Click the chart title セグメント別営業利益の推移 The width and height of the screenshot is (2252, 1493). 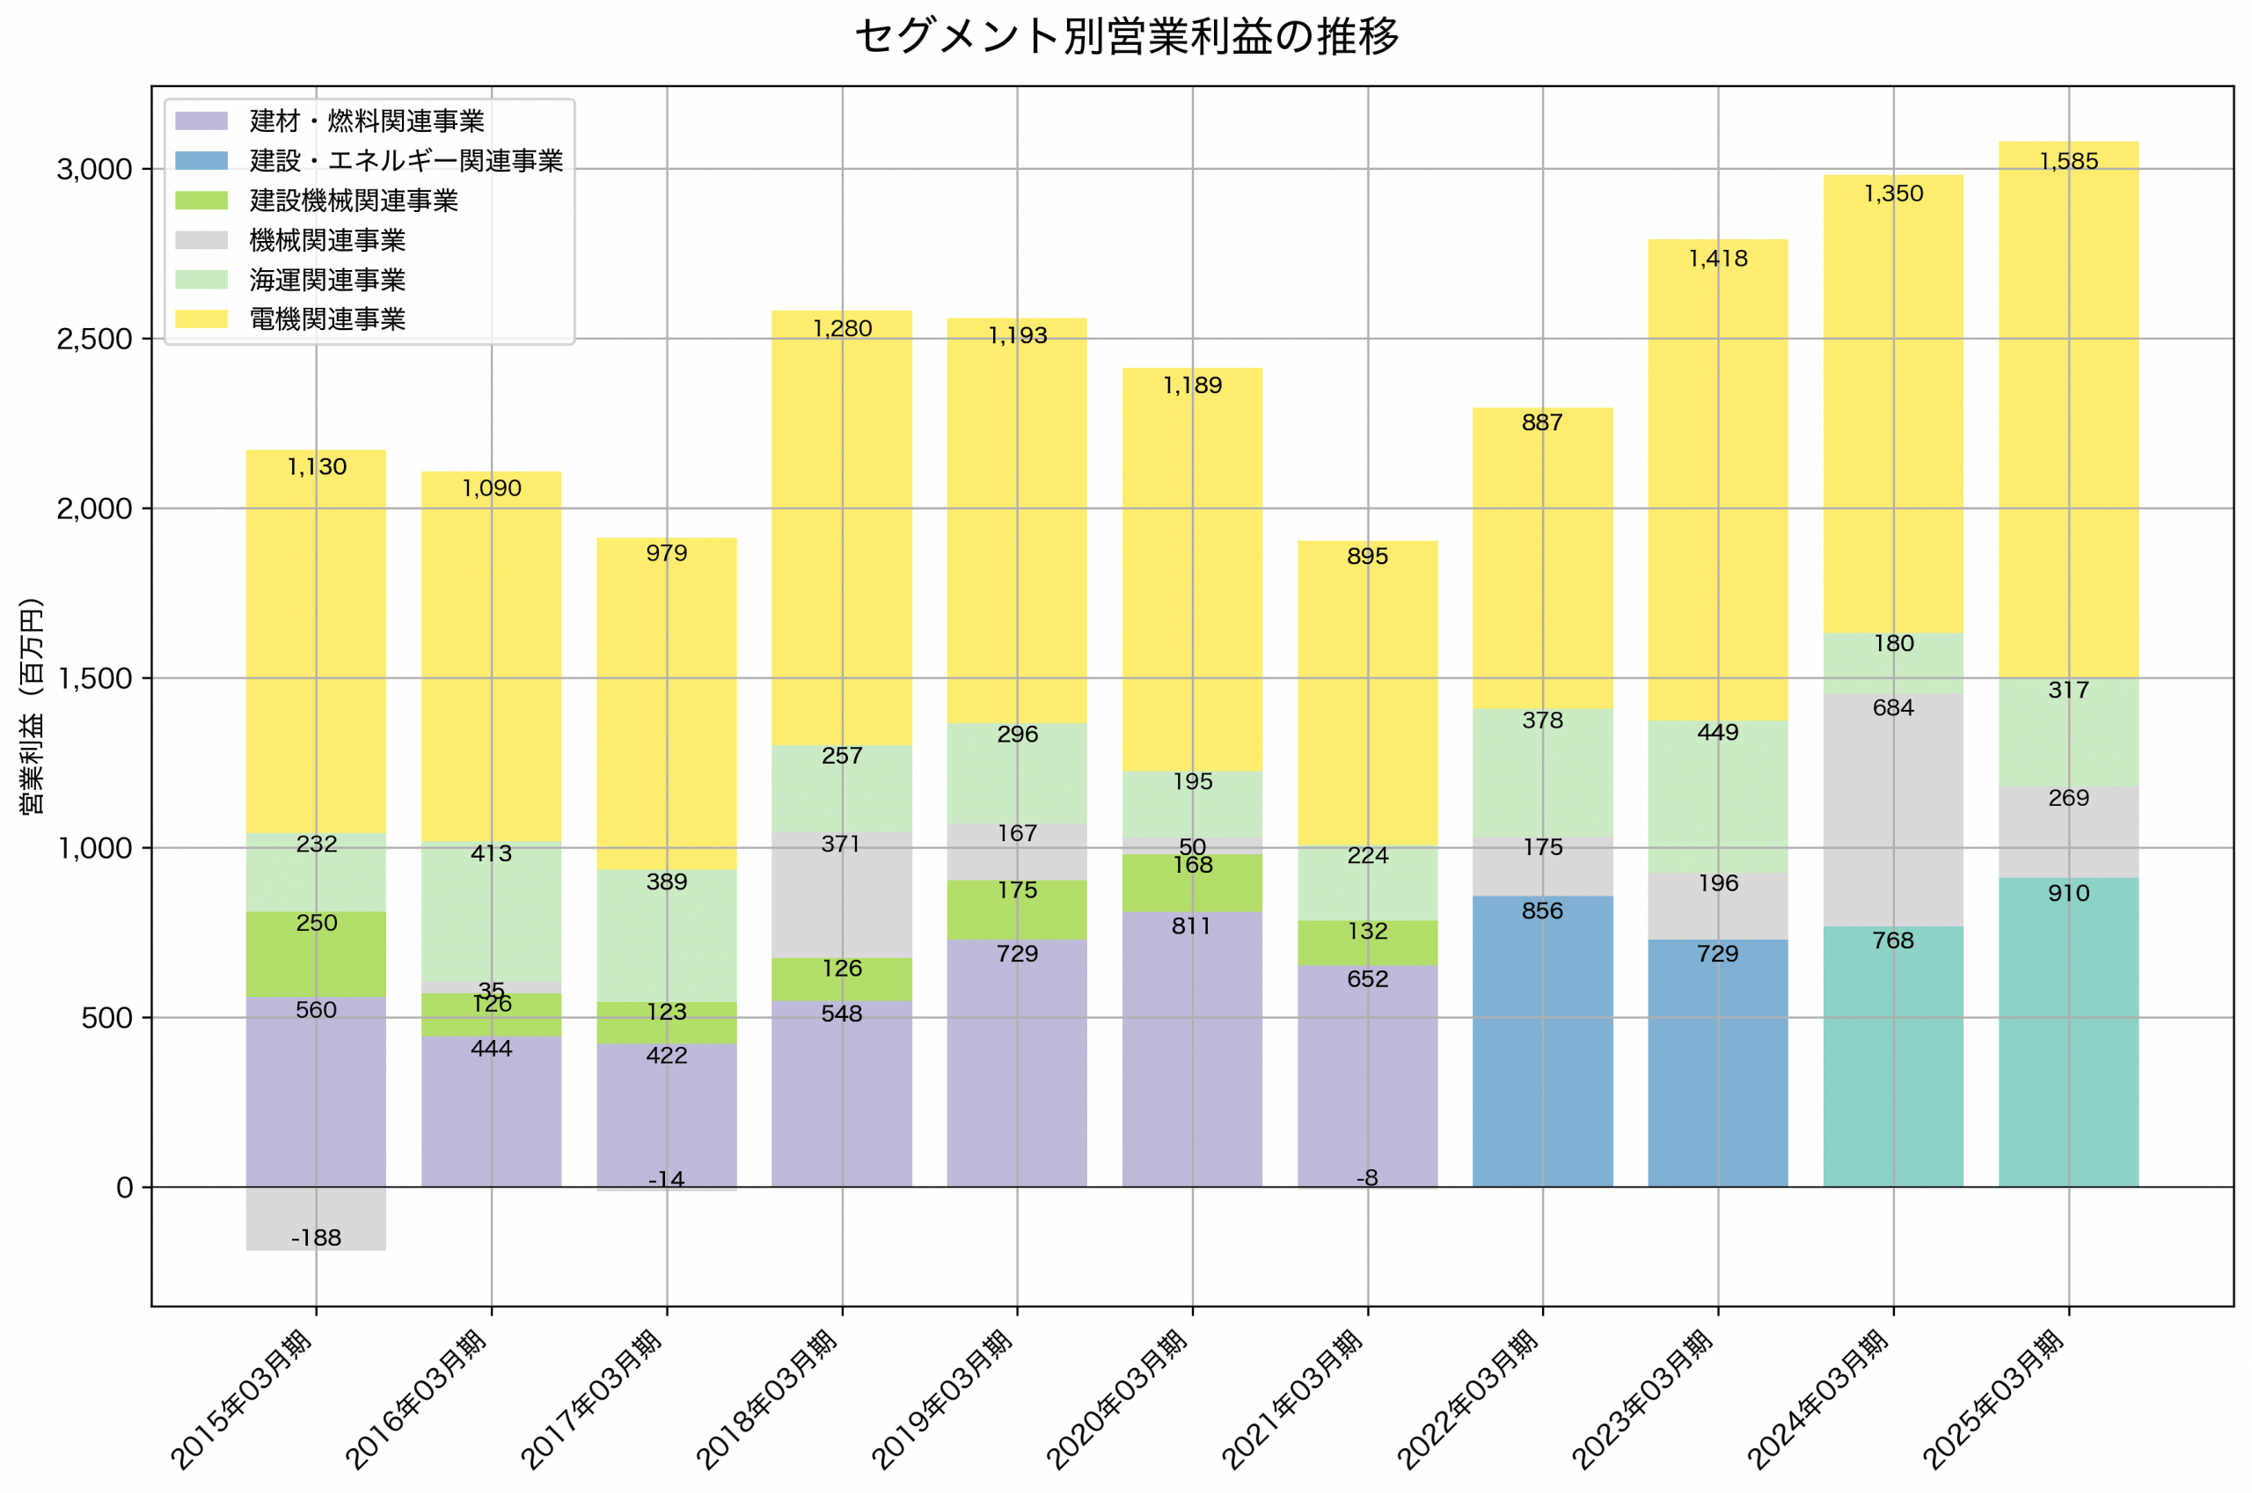[x=1126, y=36]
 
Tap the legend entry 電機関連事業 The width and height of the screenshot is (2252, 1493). [x=326, y=319]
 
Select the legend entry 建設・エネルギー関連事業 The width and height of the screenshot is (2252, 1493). [x=406, y=161]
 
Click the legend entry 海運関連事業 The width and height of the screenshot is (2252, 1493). [x=326, y=280]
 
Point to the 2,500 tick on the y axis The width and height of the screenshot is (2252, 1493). [x=93, y=340]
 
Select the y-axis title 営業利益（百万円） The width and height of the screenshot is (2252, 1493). [x=32, y=706]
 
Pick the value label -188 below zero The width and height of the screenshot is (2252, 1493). [x=316, y=1238]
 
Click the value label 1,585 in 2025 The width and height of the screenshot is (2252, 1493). [x=2067, y=161]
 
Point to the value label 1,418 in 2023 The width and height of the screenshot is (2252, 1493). [x=1717, y=258]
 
